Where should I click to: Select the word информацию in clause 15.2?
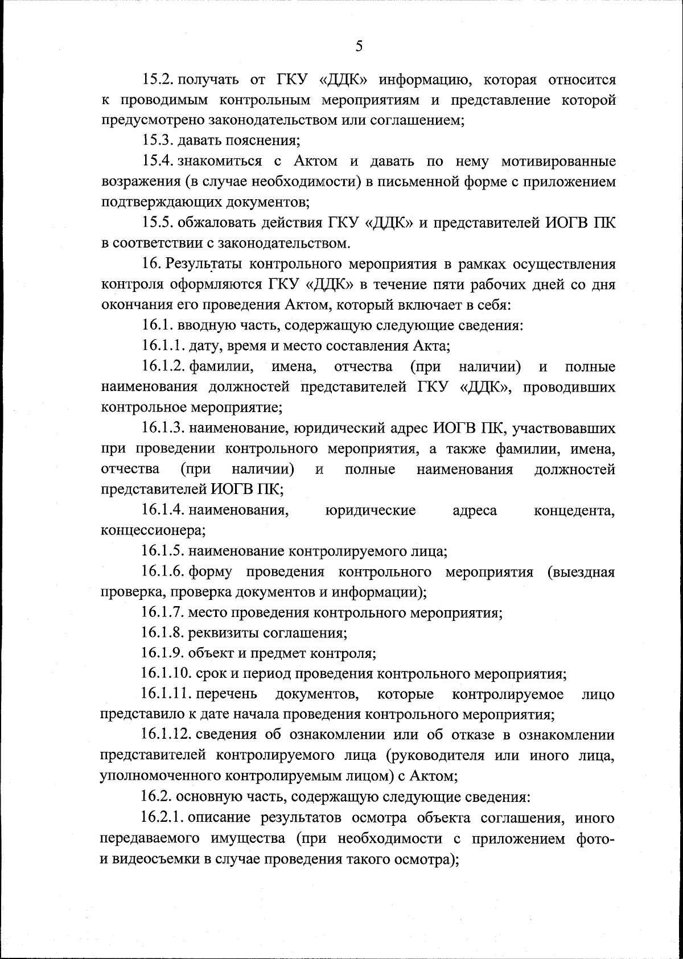pyautogui.click(x=423, y=80)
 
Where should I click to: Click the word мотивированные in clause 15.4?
pyautogui.click(x=558, y=162)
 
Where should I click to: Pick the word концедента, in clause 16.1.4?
pyautogui.click(x=574, y=510)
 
